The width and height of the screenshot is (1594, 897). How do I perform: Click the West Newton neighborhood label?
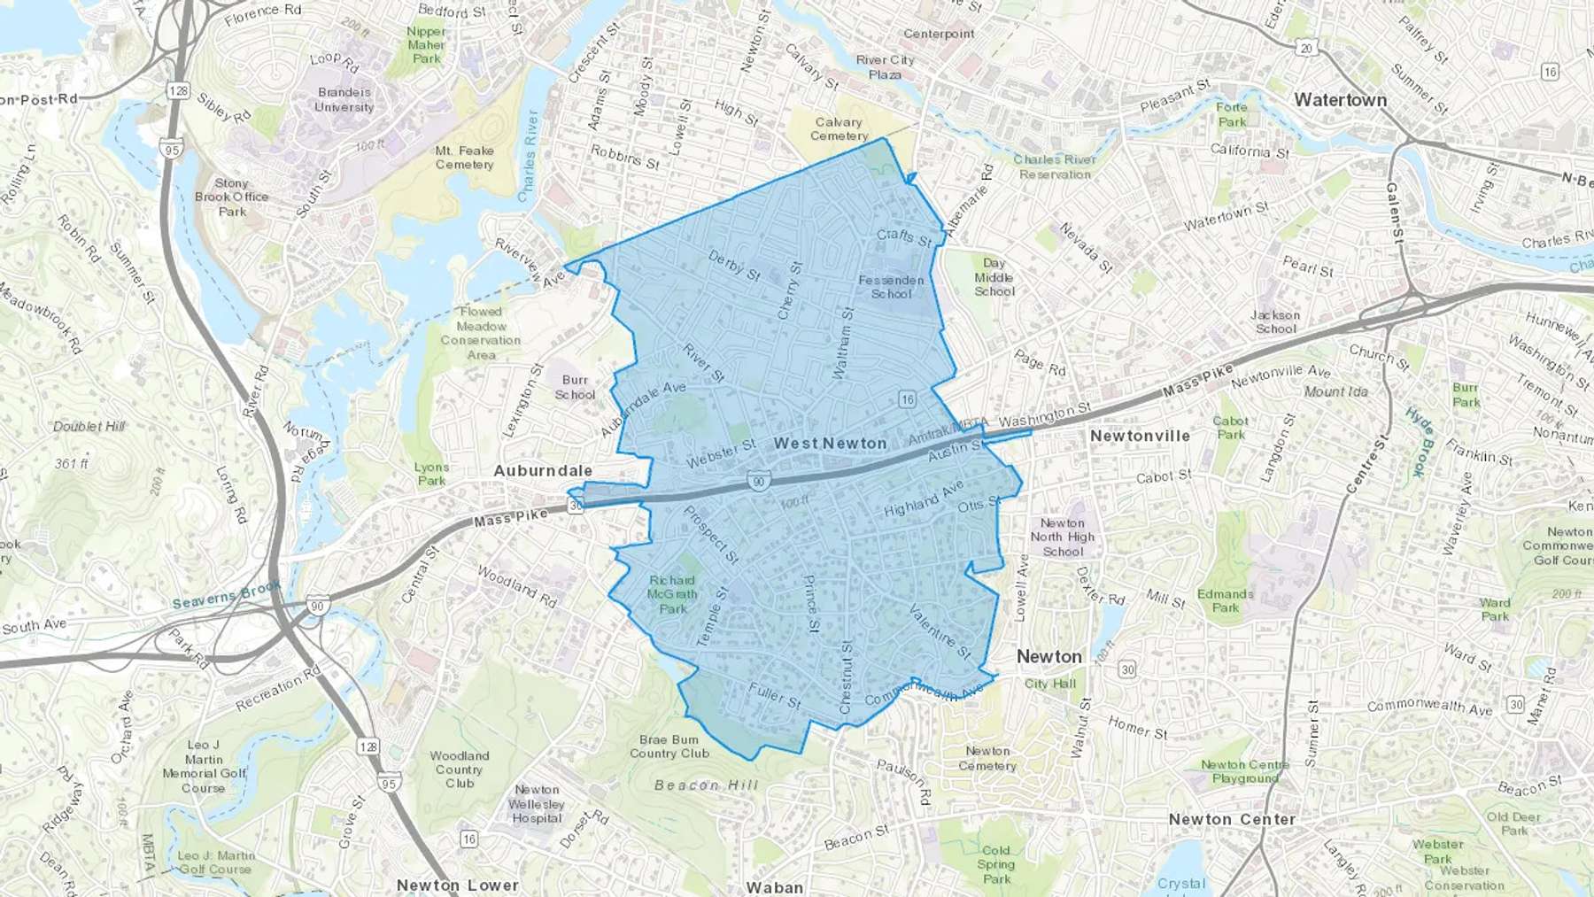[830, 444]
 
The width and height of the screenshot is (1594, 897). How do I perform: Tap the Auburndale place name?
[543, 470]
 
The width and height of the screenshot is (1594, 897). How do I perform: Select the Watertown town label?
[1340, 100]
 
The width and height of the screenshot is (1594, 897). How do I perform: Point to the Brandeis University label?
[344, 99]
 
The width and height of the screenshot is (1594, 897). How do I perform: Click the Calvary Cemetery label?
[839, 129]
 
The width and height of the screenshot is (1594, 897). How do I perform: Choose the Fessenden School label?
[891, 287]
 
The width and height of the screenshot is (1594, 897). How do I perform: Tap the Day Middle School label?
[994, 277]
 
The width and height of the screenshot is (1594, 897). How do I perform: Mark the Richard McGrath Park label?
[672, 594]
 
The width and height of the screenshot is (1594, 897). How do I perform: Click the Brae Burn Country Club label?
[669, 746]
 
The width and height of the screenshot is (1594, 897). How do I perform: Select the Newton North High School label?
[1062, 537]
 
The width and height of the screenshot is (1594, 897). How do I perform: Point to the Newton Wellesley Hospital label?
[537, 804]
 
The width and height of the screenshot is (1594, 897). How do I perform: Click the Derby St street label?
[734, 266]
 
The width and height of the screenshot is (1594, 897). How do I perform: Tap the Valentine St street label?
[940, 631]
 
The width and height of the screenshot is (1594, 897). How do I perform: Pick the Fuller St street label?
[775, 695]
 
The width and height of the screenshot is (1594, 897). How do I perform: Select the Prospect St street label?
[710, 535]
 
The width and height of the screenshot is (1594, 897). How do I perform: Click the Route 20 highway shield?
[1305, 48]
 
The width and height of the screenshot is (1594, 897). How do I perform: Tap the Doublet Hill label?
[89, 427]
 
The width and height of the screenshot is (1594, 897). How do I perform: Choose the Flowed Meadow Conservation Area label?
[481, 333]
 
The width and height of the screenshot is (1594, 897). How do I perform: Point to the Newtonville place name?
[1140, 436]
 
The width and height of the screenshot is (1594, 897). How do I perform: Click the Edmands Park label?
[1226, 600]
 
